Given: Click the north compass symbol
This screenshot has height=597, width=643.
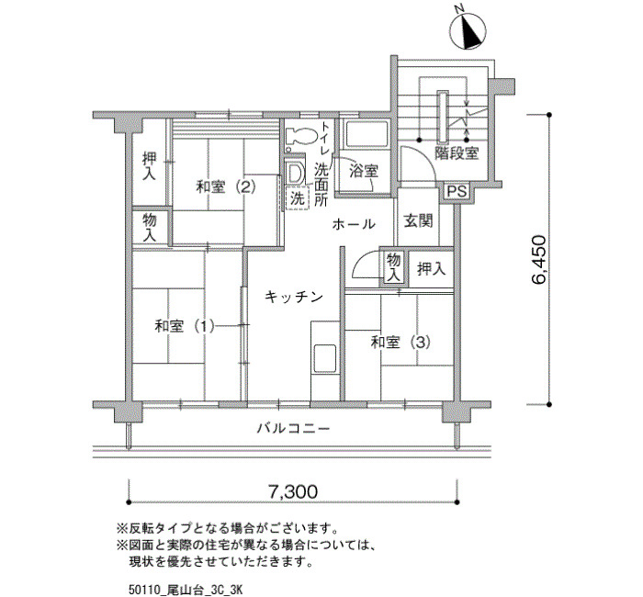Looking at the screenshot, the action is (x=468, y=31).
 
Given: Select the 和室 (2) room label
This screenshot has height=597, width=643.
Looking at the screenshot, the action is (x=226, y=187).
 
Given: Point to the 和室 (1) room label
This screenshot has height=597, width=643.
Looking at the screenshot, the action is (x=184, y=326).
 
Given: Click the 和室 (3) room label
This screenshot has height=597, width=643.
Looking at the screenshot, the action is (x=400, y=342).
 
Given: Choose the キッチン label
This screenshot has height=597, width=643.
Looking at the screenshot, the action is (x=294, y=297).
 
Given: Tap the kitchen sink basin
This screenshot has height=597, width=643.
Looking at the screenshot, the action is (x=325, y=358).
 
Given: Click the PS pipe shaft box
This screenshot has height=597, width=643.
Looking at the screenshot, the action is (x=457, y=191).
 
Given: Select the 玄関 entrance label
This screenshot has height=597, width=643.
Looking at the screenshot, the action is (x=418, y=221).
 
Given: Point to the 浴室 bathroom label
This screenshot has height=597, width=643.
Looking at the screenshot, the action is (x=364, y=171).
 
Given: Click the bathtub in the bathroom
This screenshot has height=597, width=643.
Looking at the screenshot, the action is (x=366, y=135).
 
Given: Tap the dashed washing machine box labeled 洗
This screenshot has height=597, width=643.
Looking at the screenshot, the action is (x=298, y=198).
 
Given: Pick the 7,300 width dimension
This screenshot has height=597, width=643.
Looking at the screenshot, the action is (x=293, y=490).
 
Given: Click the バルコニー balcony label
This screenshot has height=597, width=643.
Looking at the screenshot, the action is (x=293, y=429).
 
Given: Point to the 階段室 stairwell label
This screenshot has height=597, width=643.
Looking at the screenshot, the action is (x=457, y=153).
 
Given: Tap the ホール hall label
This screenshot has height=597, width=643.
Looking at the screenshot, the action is (x=354, y=224).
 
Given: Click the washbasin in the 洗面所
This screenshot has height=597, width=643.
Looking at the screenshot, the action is (x=295, y=174).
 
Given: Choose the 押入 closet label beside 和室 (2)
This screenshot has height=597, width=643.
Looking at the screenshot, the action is (x=149, y=165).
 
